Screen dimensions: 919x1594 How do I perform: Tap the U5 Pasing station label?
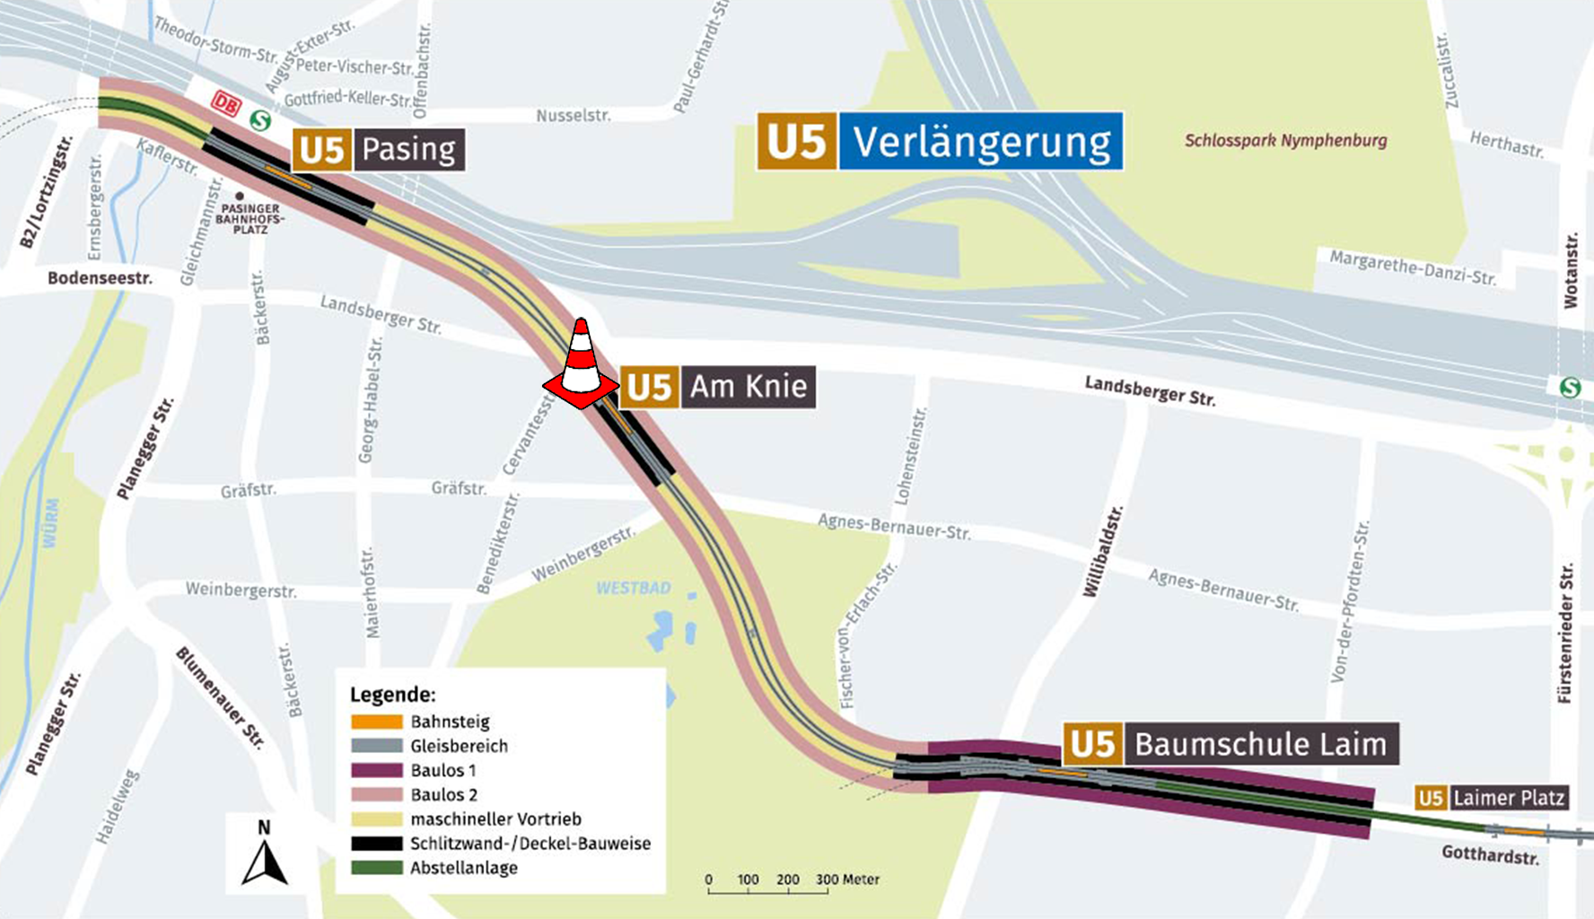(x=379, y=149)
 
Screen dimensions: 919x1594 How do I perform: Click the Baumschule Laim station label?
(x=1231, y=744)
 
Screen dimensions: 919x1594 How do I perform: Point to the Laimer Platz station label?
(x=1492, y=798)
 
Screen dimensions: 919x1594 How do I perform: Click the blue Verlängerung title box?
(x=980, y=142)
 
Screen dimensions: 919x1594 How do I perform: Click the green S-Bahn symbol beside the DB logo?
(x=260, y=119)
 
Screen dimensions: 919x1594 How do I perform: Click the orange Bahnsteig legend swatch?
(x=376, y=722)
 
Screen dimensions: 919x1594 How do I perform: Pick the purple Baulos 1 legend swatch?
(x=376, y=770)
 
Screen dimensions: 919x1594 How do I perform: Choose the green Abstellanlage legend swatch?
(x=376, y=868)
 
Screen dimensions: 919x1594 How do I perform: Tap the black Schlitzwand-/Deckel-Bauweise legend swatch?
(x=376, y=844)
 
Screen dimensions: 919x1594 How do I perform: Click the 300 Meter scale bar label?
(x=847, y=880)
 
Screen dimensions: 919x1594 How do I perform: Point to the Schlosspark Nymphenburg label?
(x=1285, y=141)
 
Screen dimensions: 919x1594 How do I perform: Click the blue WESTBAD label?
(x=634, y=589)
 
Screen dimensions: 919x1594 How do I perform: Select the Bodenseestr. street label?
(x=100, y=278)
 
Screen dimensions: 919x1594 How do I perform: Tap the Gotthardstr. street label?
(x=1490, y=854)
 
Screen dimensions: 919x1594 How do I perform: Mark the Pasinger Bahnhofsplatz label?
(x=250, y=218)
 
